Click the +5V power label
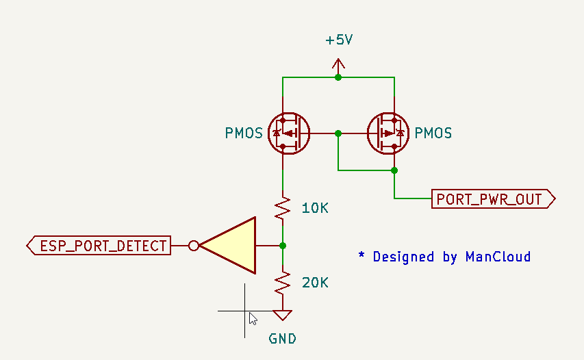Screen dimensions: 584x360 339,40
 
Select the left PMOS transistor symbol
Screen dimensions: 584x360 289,133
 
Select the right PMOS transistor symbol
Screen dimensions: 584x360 388,133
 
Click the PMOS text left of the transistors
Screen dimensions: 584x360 244,133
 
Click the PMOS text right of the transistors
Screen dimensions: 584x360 433,133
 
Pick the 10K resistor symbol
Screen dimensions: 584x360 283,208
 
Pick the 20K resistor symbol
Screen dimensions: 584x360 283,283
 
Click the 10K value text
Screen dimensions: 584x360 315,208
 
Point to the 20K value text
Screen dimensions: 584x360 315,283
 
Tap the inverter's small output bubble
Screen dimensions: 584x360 194,246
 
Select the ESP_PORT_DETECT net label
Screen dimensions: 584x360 99,246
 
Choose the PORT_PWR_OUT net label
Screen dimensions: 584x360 494,198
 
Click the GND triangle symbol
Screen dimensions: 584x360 283,315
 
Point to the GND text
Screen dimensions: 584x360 282,339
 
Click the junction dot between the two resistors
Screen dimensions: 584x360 283,246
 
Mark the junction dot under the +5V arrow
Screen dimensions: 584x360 338,77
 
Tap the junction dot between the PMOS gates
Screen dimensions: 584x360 338,133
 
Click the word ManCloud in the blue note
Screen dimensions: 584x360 498,257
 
